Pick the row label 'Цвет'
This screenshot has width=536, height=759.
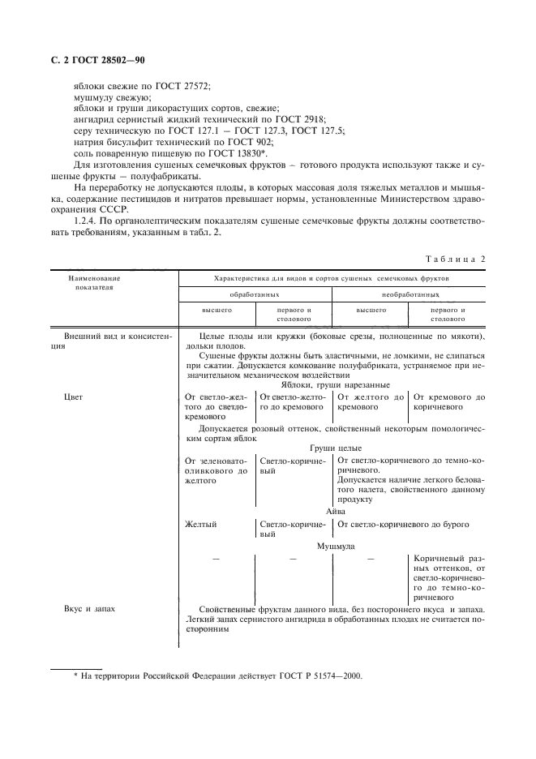(74, 397)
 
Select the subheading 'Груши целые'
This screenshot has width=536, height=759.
(336, 448)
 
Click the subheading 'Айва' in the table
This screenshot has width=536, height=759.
(336, 512)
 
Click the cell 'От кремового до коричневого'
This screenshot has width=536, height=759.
(448, 402)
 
